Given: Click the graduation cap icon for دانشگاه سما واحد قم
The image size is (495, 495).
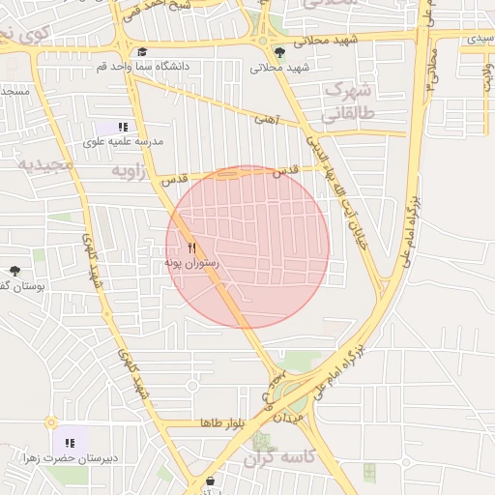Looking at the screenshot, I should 143,53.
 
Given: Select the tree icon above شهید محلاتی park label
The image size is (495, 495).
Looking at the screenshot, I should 280,53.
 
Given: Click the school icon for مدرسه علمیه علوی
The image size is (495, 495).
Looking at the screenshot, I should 123,127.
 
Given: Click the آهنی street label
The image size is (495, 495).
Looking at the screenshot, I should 266,120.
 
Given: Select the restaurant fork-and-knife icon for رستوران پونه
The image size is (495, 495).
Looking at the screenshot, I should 191,247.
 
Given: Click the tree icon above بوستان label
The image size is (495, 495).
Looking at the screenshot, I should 15,272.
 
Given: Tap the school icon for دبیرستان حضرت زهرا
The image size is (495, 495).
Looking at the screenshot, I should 69,443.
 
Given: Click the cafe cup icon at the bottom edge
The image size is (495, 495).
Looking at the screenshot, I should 211,480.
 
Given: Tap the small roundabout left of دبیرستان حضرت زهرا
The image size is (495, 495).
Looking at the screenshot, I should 50,422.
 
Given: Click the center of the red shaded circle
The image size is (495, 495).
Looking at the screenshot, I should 247,247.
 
